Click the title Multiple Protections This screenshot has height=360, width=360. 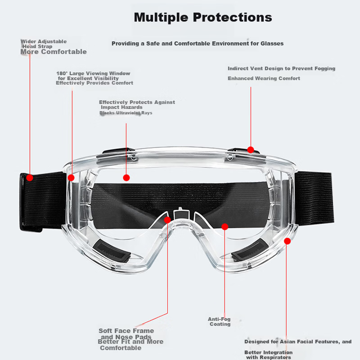tap(203, 18)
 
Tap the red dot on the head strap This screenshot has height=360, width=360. tap(30, 178)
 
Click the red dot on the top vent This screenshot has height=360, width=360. tap(251, 150)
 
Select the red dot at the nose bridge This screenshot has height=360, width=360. tap(167, 220)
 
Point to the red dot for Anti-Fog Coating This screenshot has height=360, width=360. tap(225, 227)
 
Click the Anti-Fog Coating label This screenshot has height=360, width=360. tap(219, 321)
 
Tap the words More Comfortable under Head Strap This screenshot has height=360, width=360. tap(54, 52)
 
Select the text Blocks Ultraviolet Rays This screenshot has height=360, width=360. tap(126, 113)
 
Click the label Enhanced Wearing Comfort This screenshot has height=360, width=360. tap(264, 78)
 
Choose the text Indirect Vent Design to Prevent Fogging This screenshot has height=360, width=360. tap(282, 68)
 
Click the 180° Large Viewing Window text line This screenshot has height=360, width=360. tap(93, 73)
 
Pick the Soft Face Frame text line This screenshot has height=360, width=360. tap(126, 331)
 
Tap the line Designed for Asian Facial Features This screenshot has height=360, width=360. tap(298, 342)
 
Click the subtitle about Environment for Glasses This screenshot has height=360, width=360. tap(198, 43)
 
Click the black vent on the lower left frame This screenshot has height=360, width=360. tap(112, 251)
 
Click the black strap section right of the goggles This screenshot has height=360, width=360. tap(314, 198)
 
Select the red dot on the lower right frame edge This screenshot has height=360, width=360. tap(287, 241)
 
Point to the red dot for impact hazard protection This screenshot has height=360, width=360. tap(126, 178)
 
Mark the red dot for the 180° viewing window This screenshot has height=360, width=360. tap(71, 178)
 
